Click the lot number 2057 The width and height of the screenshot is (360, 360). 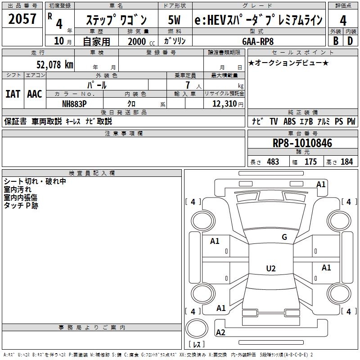tap(22, 19)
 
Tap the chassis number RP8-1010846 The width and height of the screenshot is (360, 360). tap(302, 143)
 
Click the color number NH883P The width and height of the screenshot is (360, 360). tap(74, 103)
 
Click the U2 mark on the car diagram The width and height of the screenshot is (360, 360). tap(271, 269)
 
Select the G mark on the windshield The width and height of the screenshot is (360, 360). tap(284, 237)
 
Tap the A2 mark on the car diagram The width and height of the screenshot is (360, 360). tap(220, 333)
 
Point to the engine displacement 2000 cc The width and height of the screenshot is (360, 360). tap(138, 41)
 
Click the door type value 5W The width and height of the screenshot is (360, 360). tap(175, 20)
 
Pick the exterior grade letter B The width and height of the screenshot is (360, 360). tap(335, 41)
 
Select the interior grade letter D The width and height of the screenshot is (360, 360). tap(350, 41)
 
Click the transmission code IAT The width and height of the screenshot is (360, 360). tap(13, 94)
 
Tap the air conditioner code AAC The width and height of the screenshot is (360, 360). tap(34, 94)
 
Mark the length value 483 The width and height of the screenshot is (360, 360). tap(273, 162)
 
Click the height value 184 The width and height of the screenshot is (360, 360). tap(346, 162)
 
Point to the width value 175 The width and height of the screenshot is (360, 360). tap(310, 162)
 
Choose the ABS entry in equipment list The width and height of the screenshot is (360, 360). tap(290, 121)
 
